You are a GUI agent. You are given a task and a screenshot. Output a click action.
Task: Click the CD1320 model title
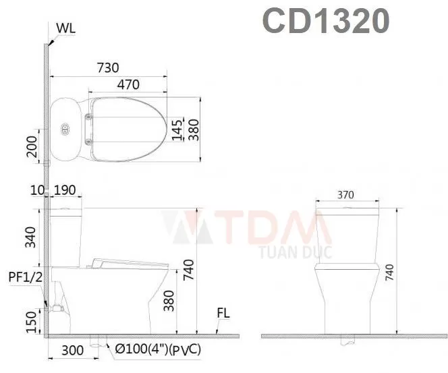point(326,20)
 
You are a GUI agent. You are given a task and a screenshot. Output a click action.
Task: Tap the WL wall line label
point(66,28)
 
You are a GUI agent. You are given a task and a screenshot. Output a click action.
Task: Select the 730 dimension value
point(108,68)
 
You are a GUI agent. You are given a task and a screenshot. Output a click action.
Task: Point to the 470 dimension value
point(129,84)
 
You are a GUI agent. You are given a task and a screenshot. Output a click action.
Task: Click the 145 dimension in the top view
point(177,130)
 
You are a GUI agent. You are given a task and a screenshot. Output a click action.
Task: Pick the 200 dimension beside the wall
point(32,146)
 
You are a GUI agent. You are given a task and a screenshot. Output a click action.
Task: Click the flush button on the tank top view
point(65,130)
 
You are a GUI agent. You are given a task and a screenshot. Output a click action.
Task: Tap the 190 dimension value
point(65,190)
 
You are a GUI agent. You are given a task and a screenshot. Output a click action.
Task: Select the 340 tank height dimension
point(30,237)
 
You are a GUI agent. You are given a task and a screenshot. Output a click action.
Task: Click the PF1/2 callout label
point(26,277)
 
